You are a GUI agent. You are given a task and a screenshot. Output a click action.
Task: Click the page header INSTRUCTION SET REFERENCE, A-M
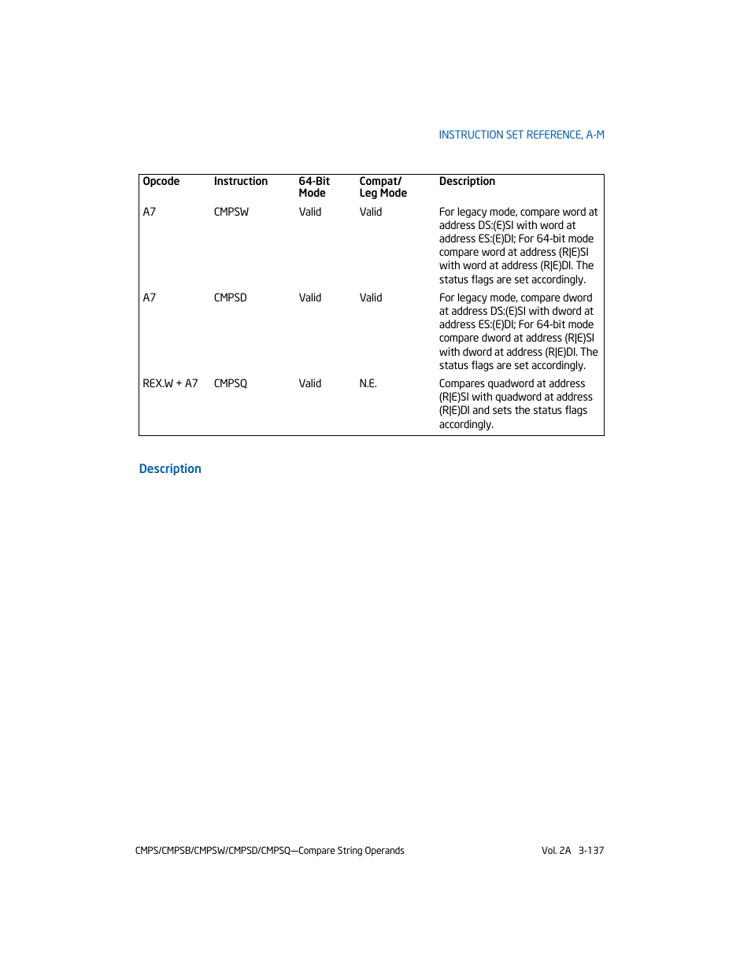(x=521, y=135)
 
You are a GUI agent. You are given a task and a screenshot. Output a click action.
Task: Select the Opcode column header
(x=161, y=181)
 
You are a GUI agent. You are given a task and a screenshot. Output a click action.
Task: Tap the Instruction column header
(x=241, y=181)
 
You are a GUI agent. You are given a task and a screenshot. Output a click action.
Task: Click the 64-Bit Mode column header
(x=314, y=187)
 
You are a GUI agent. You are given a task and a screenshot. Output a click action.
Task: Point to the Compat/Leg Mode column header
(x=383, y=187)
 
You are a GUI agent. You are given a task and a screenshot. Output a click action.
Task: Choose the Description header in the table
(x=467, y=181)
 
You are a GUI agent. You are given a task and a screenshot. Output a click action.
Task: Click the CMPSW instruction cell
(x=231, y=212)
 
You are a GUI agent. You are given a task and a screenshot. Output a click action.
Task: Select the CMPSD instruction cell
(x=231, y=298)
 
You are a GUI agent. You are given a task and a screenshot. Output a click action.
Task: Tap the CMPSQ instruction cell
(x=231, y=383)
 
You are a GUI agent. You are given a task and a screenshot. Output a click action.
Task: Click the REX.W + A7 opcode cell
(x=170, y=383)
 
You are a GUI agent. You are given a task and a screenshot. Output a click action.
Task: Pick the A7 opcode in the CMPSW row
(x=150, y=212)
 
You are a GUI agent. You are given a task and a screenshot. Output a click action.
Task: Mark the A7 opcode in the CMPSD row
(x=150, y=298)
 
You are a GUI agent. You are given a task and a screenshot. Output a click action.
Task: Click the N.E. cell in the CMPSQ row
(x=368, y=383)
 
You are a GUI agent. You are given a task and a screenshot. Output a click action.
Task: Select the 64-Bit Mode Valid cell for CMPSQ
(x=310, y=383)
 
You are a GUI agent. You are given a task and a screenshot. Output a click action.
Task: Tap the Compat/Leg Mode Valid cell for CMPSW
(x=371, y=212)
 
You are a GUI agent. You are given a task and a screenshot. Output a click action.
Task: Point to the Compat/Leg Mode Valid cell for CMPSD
(x=371, y=298)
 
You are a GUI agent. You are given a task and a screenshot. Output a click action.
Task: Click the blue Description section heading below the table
(x=170, y=468)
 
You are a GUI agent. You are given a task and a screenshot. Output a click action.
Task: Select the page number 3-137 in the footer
(x=591, y=850)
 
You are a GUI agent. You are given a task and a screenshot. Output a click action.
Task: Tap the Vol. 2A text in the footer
(x=556, y=850)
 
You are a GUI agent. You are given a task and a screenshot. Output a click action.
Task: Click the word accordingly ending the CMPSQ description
(x=466, y=424)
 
